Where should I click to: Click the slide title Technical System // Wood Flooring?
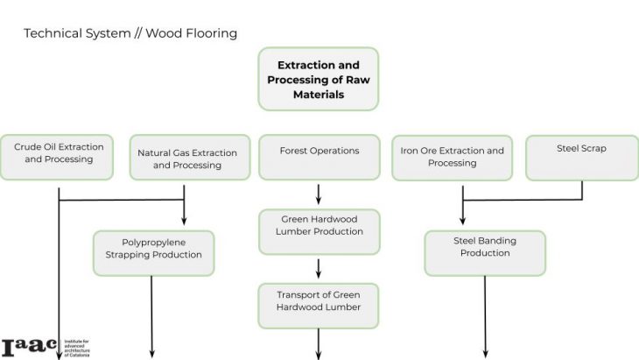tap(130, 33)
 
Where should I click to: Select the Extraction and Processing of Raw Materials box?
tap(319, 79)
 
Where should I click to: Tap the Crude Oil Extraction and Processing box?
tap(58, 154)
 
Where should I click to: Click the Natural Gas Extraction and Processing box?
tap(186, 159)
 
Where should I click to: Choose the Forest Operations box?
tap(319, 155)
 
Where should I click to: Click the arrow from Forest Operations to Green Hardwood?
tap(319, 193)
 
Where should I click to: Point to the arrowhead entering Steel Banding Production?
tap(462, 222)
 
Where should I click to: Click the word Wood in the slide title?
tap(162, 33)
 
